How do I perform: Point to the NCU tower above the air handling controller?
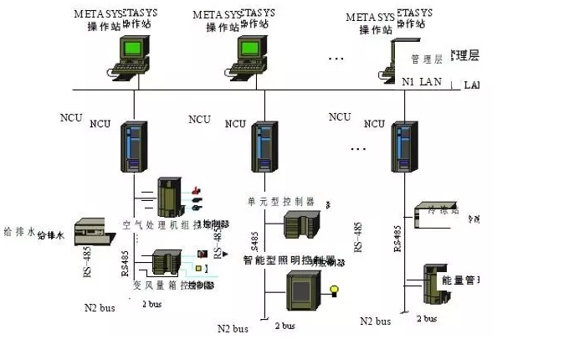(x=132, y=147)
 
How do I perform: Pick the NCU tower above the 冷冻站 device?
(x=404, y=147)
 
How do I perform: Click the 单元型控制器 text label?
(x=280, y=202)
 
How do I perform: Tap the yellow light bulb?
(x=335, y=291)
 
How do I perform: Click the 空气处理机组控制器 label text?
(x=172, y=225)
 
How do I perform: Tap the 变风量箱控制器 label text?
(x=172, y=285)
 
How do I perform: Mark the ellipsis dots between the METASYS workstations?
(x=336, y=59)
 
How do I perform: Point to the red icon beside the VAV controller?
(x=202, y=252)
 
